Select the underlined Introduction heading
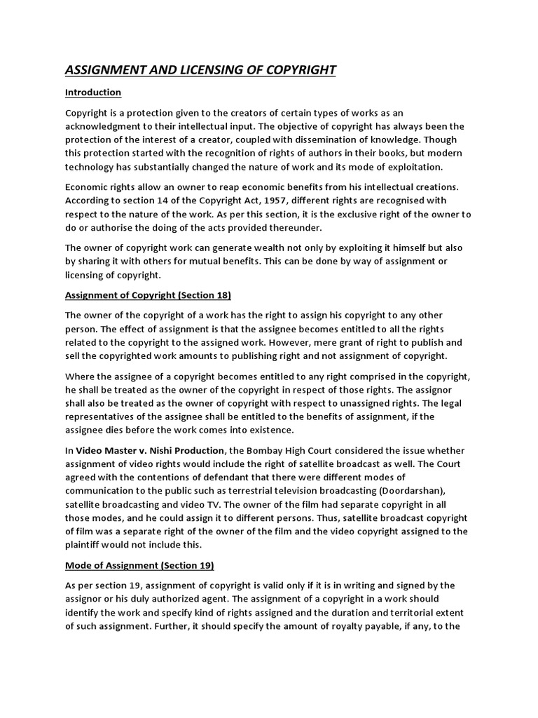[x=93, y=93]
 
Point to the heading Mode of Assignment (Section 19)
[x=139, y=564]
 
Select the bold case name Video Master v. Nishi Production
[x=150, y=449]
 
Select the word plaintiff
[x=87, y=544]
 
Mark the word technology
[x=92, y=167]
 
